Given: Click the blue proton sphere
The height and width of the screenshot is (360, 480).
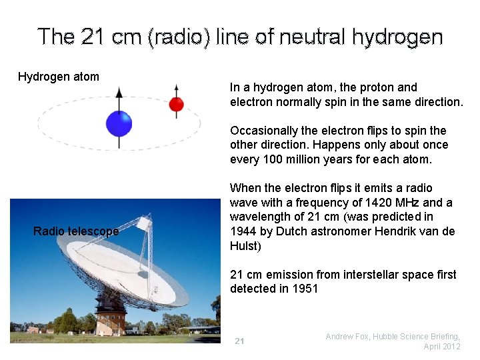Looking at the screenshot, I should pos(119,124).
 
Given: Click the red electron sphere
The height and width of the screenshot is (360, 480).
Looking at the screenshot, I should pos(176,104).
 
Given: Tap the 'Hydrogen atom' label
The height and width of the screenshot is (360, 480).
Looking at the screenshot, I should pos(59,77).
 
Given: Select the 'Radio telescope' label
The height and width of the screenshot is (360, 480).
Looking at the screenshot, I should pos(76,231).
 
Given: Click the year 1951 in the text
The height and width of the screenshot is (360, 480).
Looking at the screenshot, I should pos(304,289).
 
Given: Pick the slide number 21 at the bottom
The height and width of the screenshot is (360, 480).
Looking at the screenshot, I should pos(239,341).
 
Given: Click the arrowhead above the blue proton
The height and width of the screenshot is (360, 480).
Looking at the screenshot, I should pos(119,92).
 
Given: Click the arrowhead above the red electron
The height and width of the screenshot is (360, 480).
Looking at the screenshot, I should pos(176,87).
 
